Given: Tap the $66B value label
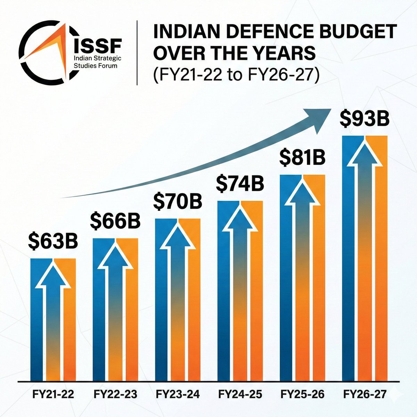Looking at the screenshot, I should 115,222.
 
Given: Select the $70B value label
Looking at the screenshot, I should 177,202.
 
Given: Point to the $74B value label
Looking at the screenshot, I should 240,184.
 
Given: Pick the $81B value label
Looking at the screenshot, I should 302,158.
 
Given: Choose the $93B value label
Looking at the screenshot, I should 364,119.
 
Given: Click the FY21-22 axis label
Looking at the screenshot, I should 53,394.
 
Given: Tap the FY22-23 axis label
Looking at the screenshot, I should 115,394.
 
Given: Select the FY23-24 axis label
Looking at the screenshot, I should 178,394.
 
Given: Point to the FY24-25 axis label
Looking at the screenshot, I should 240,394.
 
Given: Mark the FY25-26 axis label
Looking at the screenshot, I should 302,394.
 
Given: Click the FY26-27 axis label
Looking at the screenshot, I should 365,394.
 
